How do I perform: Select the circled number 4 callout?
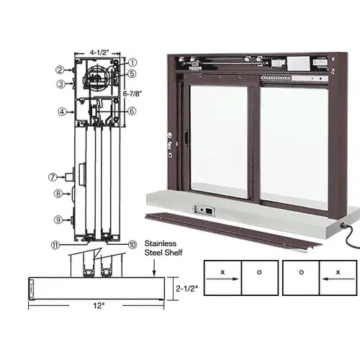pyautogui.click(x=63, y=111)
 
